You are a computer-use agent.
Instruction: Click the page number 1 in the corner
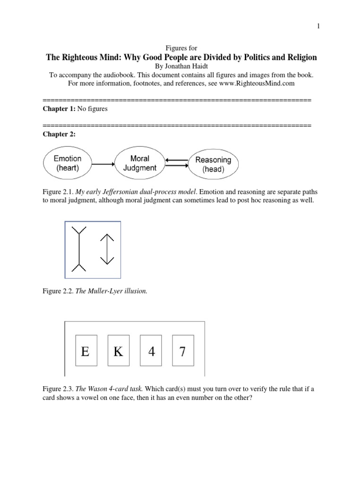pos(319,26)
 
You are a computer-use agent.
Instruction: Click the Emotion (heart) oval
pos(68,164)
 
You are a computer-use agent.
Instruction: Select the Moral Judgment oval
pos(139,164)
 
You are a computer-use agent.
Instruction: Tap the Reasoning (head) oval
pos(213,164)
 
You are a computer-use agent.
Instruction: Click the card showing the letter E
pos(86,351)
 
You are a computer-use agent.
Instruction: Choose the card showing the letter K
pos(118,351)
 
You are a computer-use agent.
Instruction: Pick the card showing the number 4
pos(151,351)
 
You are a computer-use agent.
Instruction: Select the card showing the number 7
pos(182,351)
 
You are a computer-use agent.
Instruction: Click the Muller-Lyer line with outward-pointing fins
pos(77,249)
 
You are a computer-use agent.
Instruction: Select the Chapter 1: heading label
pos(59,109)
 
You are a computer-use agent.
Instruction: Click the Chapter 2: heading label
pos(59,134)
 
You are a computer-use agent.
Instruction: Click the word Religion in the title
pos(299,57)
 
